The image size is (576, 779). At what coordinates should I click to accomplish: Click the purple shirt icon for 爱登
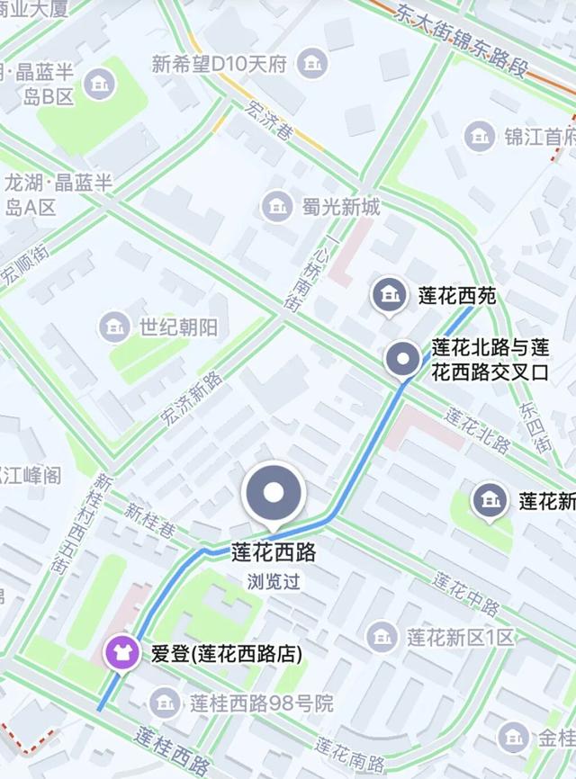pos(118,652)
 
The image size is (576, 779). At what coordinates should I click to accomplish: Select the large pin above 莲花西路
pos(274,494)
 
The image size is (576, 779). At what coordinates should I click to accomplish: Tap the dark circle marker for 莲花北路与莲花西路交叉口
pos(400,360)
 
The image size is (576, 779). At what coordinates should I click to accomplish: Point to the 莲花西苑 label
pos(457,295)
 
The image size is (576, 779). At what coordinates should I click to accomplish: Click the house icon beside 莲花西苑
pos(389,294)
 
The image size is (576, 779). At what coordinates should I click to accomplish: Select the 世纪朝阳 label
pos(178,327)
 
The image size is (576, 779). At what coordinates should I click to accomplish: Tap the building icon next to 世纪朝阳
pos(114,327)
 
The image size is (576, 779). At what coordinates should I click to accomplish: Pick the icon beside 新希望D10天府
pos(312,64)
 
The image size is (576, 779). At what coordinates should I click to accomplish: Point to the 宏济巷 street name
pos(267,119)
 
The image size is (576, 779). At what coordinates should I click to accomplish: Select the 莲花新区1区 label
pos(460,638)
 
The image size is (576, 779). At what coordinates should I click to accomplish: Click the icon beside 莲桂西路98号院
pos(165,702)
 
